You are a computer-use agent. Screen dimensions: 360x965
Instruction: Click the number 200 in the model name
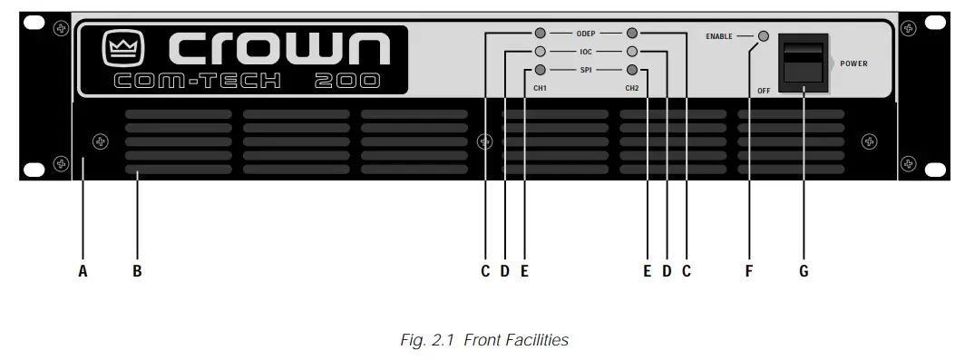point(347,81)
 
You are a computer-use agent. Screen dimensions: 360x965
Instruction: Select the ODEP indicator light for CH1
point(541,32)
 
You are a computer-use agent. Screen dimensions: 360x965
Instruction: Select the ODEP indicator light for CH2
point(632,32)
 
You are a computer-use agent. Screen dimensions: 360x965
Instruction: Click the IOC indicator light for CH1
point(541,51)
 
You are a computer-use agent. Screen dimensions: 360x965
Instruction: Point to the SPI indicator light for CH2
point(632,70)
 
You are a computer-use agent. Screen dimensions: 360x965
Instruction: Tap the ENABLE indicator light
point(764,36)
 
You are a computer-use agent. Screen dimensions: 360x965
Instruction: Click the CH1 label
point(540,88)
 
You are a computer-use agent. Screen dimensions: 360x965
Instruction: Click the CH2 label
point(632,88)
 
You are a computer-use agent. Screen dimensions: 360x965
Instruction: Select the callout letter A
point(83,270)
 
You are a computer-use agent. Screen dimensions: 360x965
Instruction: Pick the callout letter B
point(137,270)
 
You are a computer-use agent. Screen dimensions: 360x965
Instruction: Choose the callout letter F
point(749,270)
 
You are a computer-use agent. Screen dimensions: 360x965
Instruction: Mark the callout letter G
point(804,270)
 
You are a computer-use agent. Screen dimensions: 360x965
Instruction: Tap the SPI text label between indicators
point(586,70)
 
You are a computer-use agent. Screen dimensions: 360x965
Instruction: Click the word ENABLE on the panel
point(719,36)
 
